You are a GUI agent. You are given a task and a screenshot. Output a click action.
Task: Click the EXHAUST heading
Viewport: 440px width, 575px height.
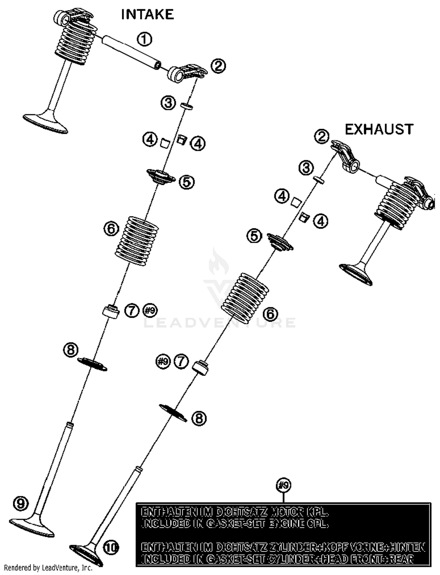[379, 129]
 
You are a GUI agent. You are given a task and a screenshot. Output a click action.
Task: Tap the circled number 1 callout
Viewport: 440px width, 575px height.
[145, 39]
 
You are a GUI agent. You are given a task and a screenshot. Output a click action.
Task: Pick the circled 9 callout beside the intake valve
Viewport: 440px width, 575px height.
[21, 503]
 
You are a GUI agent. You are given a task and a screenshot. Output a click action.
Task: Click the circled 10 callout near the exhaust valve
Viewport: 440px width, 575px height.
[111, 547]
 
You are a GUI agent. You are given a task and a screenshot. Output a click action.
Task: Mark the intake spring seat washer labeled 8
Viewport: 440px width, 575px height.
[92, 364]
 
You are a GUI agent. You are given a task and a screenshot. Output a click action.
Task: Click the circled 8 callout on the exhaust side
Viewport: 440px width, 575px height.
[199, 418]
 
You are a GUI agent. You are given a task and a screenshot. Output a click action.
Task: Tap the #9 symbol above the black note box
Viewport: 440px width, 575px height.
[283, 485]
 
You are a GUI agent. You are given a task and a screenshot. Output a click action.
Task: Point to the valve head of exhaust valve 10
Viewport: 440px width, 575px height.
[86, 555]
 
